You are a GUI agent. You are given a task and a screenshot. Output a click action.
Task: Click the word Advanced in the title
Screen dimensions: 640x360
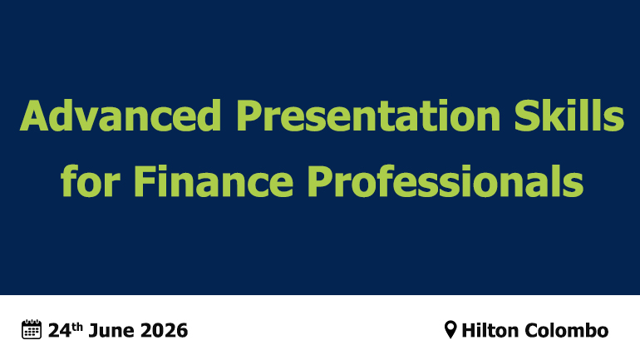(x=121, y=115)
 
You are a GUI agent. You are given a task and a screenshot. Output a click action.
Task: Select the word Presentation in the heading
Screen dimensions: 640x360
(x=368, y=116)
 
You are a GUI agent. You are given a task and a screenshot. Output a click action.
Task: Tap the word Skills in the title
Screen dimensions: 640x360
(x=569, y=115)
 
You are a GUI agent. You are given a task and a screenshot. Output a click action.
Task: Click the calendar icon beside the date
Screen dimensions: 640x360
(x=32, y=329)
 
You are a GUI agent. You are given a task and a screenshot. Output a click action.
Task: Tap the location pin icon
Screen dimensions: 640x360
(x=450, y=329)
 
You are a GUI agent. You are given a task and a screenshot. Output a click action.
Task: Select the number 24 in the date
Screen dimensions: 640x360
(x=60, y=331)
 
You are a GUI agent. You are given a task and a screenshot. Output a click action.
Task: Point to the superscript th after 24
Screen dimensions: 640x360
(x=77, y=327)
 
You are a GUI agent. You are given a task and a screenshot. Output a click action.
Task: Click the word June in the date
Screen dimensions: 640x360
(x=110, y=331)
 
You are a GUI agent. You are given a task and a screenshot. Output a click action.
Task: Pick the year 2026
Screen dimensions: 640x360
(x=164, y=331)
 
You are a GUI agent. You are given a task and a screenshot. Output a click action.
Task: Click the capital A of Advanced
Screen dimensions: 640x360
(x=35, y=116)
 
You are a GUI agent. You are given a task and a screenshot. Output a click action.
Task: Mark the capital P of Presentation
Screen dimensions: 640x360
(x=249, y=116)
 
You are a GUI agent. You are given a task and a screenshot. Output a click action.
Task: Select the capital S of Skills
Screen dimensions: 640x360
(x=526, y=116)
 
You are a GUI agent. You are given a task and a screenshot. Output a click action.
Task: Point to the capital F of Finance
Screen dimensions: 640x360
(x=144, y=180)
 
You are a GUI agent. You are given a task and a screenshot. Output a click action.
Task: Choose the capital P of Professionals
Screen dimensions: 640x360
(x=320, y=180)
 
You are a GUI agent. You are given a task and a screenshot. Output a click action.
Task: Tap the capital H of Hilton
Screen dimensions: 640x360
(x=469, y=331)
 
